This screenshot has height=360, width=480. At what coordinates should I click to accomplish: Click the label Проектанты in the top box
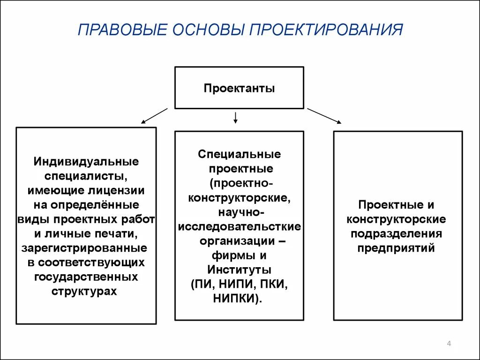(239, 88)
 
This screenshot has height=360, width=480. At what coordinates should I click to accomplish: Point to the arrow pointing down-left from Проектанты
(154, 116)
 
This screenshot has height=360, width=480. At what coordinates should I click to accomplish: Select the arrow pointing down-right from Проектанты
(324, 116)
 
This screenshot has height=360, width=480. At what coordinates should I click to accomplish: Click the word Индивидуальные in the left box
(86, 162)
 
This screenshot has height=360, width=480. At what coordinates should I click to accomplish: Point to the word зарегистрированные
(84, 247)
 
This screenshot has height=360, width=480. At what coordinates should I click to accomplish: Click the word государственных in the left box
(86, 277)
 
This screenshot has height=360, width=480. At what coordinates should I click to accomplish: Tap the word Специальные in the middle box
(239, 154)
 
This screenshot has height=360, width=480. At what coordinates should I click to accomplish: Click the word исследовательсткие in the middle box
(239, 227)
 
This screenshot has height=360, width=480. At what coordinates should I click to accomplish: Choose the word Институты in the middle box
(239, 270)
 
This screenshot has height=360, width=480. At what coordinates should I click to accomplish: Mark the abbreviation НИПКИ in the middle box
(236, 299)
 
